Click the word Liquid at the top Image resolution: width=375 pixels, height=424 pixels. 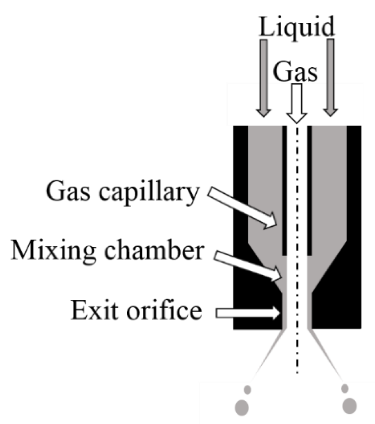[297, 27]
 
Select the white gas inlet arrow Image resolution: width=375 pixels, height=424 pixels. [296, 103]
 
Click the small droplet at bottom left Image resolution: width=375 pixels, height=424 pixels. [247, 390]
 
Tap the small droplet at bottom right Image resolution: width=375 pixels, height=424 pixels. [345, 389]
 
